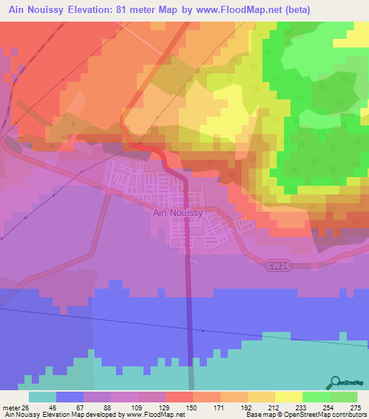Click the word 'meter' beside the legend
[11, 407]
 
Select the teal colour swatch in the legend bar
[43, 397]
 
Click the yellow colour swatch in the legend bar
[289, 397]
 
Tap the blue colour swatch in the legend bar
[70, 397]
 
